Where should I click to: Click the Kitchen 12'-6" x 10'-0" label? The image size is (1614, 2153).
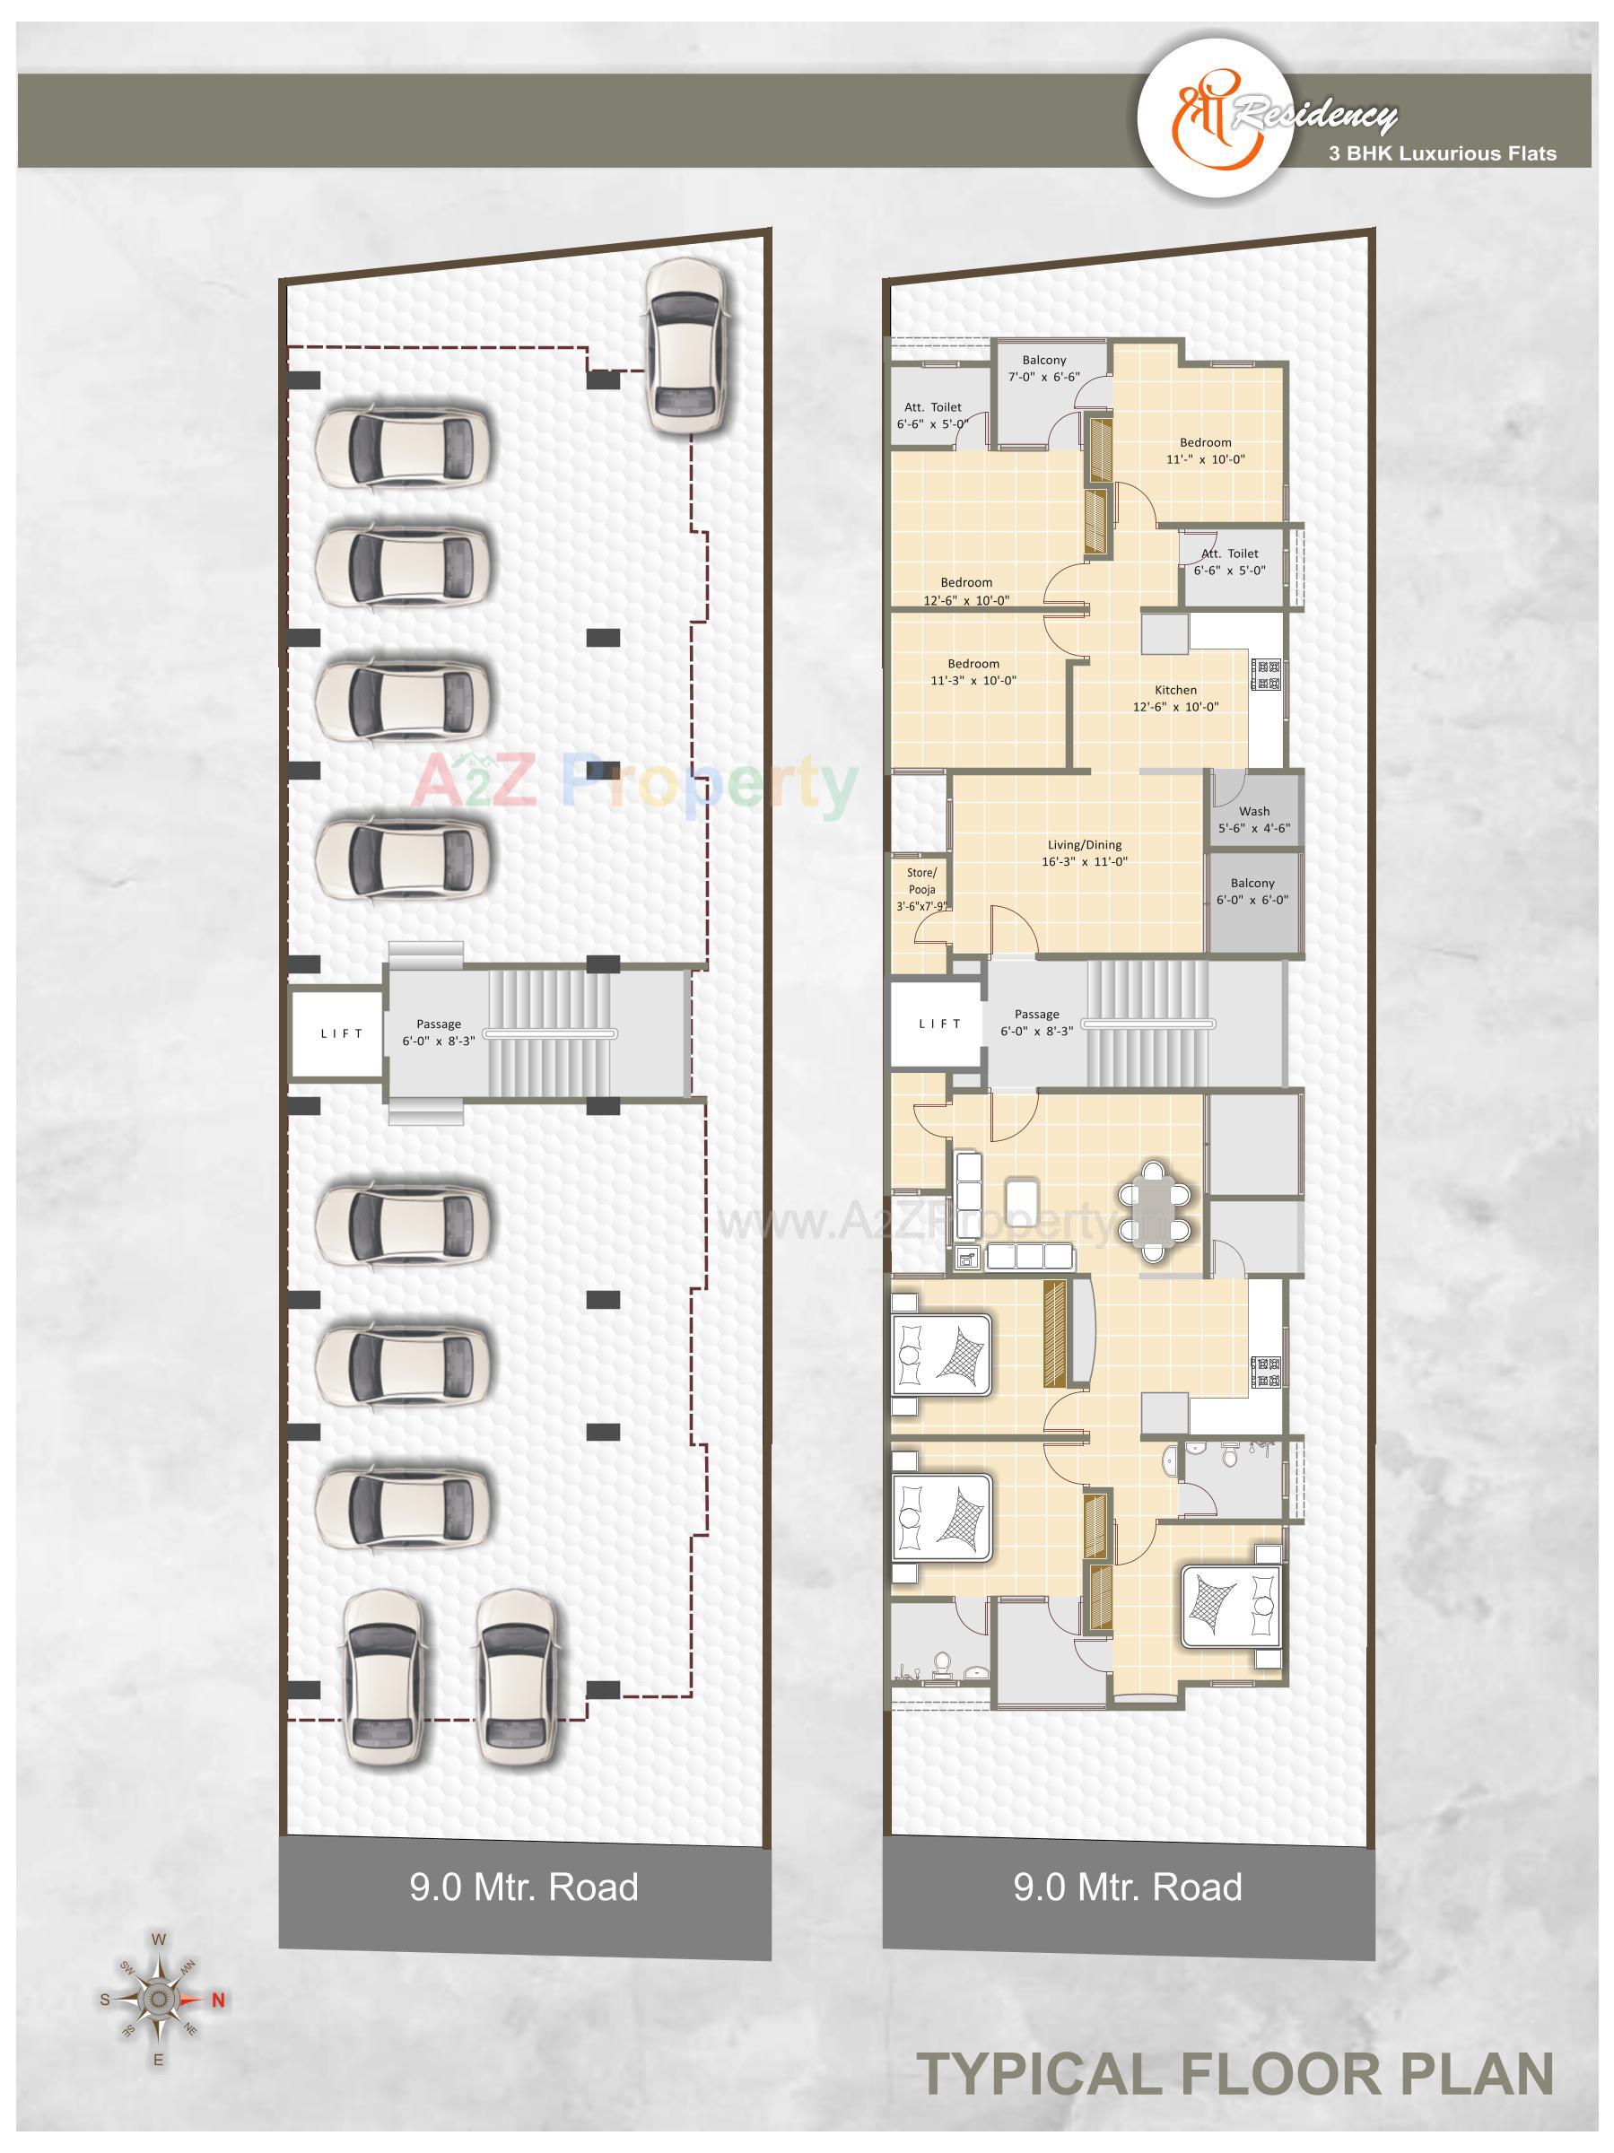[x=1175, y=698]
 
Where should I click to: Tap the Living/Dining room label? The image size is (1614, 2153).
[x=1085, y=852]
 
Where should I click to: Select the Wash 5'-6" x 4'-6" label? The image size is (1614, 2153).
[x=1254, y=820]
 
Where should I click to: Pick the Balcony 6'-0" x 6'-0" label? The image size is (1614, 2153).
[x=1252, y=892]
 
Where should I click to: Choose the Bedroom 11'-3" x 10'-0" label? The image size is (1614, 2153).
[x=973, y=672]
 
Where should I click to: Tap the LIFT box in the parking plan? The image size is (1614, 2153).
[x=342, y=1033]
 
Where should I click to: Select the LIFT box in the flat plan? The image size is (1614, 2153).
[x=939, y=1024]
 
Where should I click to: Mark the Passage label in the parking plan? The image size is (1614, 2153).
[x=438, y=1032]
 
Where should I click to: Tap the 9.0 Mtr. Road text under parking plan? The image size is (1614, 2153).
[x=524, y=1887]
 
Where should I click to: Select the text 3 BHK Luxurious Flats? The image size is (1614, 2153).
[x=1435, y=153]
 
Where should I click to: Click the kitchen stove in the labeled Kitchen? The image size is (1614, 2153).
[x=1269, y=676]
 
